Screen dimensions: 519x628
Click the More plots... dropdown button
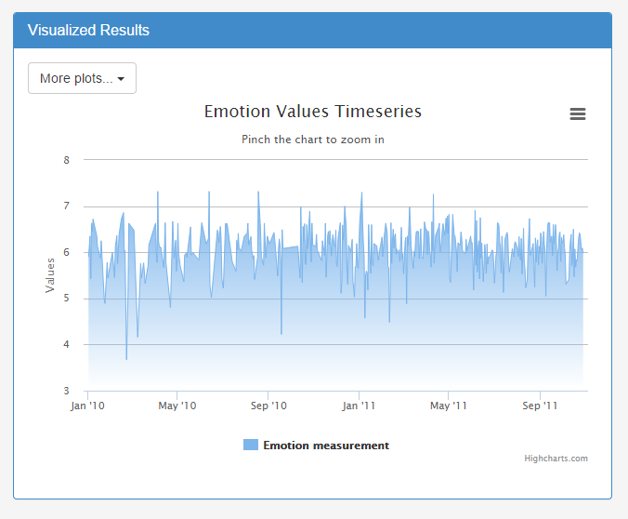click(82, 79)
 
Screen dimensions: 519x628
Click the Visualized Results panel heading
click(88, 30)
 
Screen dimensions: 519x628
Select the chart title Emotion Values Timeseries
click(313, 112)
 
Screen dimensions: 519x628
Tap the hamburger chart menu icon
click(578, 114)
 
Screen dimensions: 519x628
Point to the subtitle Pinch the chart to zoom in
click(313, 140)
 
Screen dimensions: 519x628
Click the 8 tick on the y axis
click(67, 160)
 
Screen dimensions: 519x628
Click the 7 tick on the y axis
click(67, 206)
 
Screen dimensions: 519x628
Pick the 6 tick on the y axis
click(67, 252)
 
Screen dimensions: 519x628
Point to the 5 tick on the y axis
click(67, 299)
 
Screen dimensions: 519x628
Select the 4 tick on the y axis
click(67, 345)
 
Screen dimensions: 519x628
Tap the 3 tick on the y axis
click(67, 391)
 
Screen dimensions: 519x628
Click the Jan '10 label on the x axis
click(88, 406)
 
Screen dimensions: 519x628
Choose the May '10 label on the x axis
click(177, 406)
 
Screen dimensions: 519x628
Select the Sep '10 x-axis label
click(268, 406)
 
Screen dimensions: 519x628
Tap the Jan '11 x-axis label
click(359, 406)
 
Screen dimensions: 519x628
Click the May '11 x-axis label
click(448, 406)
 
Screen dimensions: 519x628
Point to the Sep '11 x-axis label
click(540, 406)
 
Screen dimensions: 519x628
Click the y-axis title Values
click(51, 275)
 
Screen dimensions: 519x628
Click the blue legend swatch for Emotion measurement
click(251, 446)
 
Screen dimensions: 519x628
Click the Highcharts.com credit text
click(556, 459)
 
